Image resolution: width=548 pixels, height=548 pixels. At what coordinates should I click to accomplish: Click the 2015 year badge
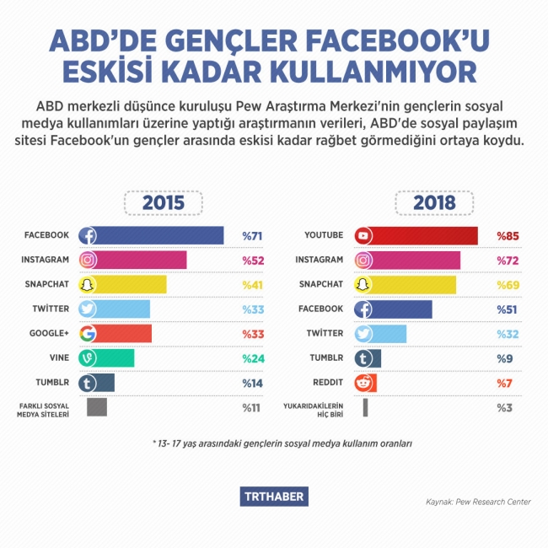(x=164, y=203)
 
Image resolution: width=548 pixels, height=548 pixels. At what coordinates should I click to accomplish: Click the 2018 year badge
(x=435, y=203)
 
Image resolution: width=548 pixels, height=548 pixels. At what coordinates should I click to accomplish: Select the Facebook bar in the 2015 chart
(x=152, y=236)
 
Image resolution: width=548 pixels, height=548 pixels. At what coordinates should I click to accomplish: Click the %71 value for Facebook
(x=253, y=236)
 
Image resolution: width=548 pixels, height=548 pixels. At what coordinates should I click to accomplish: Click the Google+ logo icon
(x=87, y=334)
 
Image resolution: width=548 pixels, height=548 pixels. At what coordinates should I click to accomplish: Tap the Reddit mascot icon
(x=364, y=383)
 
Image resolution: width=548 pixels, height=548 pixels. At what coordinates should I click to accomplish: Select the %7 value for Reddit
(x=505, y=383)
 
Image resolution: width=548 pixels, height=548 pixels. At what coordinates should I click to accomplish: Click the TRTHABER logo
(x=275, y=497)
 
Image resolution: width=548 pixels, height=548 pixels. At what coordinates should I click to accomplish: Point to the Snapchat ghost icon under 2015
(x=87, y=285)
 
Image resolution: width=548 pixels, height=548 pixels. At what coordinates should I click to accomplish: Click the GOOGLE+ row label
(x=50, y=334)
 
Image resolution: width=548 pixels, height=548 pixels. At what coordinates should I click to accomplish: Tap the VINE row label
(x=59, y=358)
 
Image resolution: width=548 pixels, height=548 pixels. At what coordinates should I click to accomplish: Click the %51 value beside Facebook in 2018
(x=508, y=309)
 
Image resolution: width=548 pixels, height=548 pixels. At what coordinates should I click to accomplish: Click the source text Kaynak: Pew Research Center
(x=478, y=502)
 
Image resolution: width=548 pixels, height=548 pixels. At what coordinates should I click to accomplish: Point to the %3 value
(x=505, y=408)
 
